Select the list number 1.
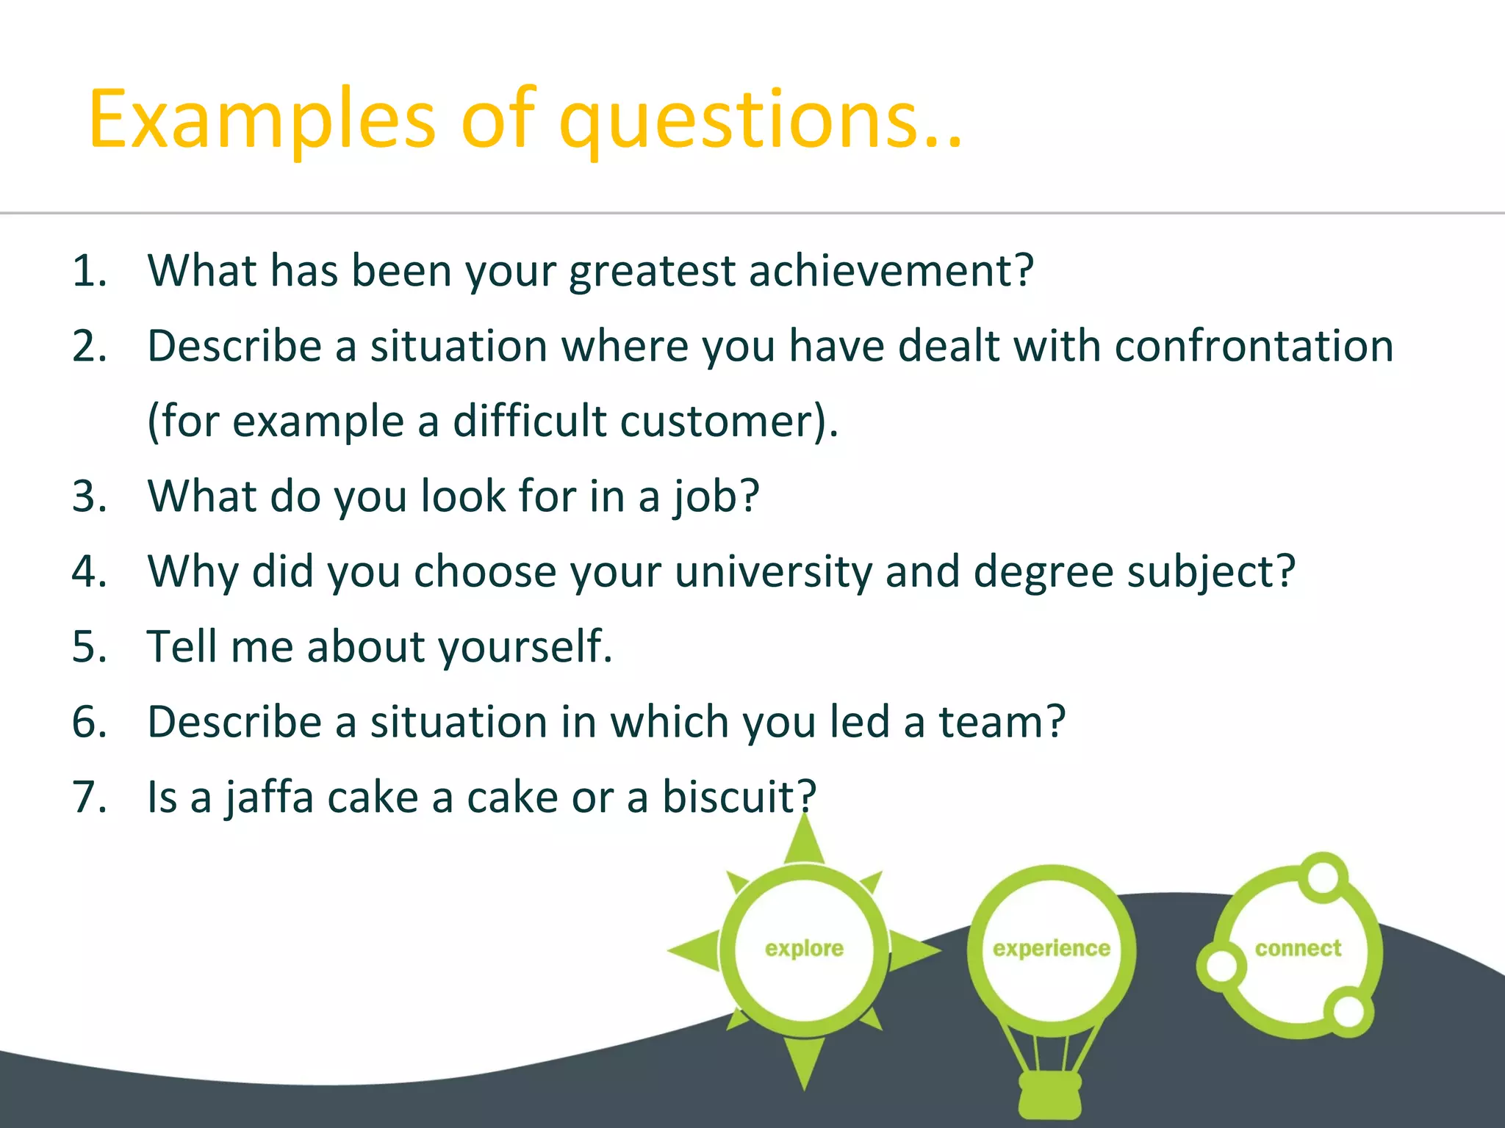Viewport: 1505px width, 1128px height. pyautogui.click(x=88, y=272)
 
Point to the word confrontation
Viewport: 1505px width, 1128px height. pyautogui.click(x=1254, y=346)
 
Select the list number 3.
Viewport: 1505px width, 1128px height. pyautogui.click(x=88, y=496)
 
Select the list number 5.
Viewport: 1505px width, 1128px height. pyautogui.click(x=88, y=648)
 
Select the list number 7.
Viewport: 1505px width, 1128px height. pyautogui.click(x=88, y=798)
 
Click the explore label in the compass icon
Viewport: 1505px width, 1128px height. pyautogui.click(x=804, y=949)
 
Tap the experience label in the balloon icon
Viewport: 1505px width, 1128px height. pyautogui.click(x=1051, y=949)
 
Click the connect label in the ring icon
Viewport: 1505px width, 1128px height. pyautogui.click(x=1298, y=949)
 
